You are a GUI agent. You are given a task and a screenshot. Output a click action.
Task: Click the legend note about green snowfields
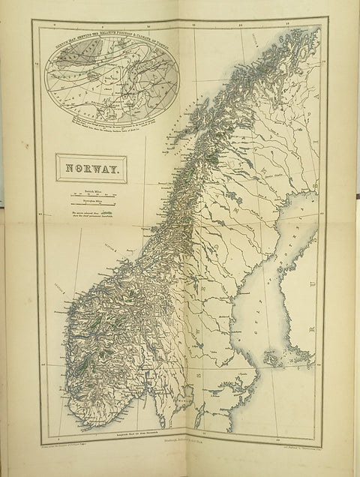point(90,215)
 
